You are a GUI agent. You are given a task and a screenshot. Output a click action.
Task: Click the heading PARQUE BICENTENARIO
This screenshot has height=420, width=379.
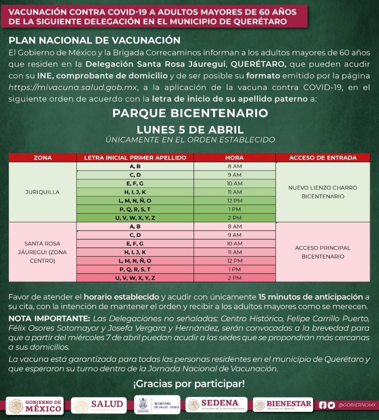190,113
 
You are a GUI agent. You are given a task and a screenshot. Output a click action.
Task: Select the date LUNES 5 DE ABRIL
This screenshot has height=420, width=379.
190,130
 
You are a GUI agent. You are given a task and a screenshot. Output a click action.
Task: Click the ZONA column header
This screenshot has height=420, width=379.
43,157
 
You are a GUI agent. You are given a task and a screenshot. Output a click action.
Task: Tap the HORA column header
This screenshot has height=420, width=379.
234,157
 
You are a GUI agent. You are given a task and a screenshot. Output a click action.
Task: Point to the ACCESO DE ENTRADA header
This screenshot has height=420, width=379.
322,157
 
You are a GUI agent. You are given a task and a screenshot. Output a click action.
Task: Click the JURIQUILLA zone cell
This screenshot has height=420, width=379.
43,192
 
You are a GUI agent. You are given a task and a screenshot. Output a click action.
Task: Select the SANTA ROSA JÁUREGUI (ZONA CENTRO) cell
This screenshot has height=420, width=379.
43,252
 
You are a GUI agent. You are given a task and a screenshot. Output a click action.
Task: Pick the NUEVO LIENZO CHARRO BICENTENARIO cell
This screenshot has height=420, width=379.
322,192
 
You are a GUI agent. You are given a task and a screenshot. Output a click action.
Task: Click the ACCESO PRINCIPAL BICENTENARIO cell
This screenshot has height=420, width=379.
322,252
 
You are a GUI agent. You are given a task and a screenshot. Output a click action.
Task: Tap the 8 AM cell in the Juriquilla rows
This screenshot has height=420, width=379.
234,167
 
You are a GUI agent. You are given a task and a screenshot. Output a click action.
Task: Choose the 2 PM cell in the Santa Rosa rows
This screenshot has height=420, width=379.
234,278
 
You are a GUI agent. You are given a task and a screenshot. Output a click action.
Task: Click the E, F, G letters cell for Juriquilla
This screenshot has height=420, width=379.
135,183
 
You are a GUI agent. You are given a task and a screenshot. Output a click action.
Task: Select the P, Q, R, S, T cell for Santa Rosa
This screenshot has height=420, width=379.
135,269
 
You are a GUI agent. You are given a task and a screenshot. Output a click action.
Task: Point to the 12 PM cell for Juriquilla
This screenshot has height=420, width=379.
234,201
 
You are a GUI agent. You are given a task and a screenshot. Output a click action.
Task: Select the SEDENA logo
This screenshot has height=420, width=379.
216,404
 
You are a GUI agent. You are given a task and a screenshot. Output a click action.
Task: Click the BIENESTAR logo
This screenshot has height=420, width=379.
283,405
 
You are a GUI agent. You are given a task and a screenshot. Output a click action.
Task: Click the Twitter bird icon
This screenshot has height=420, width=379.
331,405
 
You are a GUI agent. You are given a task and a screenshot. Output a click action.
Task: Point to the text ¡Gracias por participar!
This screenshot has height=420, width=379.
189,384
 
